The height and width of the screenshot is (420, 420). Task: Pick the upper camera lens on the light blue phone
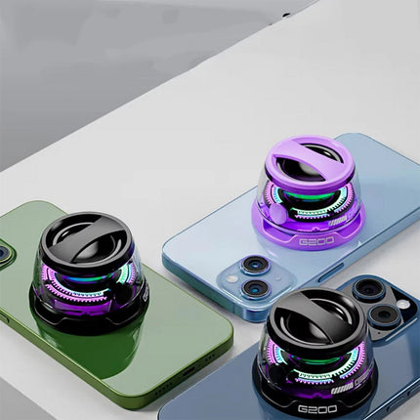pyautogui.click(x=257, y=266)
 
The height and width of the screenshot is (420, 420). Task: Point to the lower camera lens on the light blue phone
pyautogui.click(x=254, y=288)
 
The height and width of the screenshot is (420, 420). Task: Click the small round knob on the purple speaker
pyautogui.click(x=278, y=212)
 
